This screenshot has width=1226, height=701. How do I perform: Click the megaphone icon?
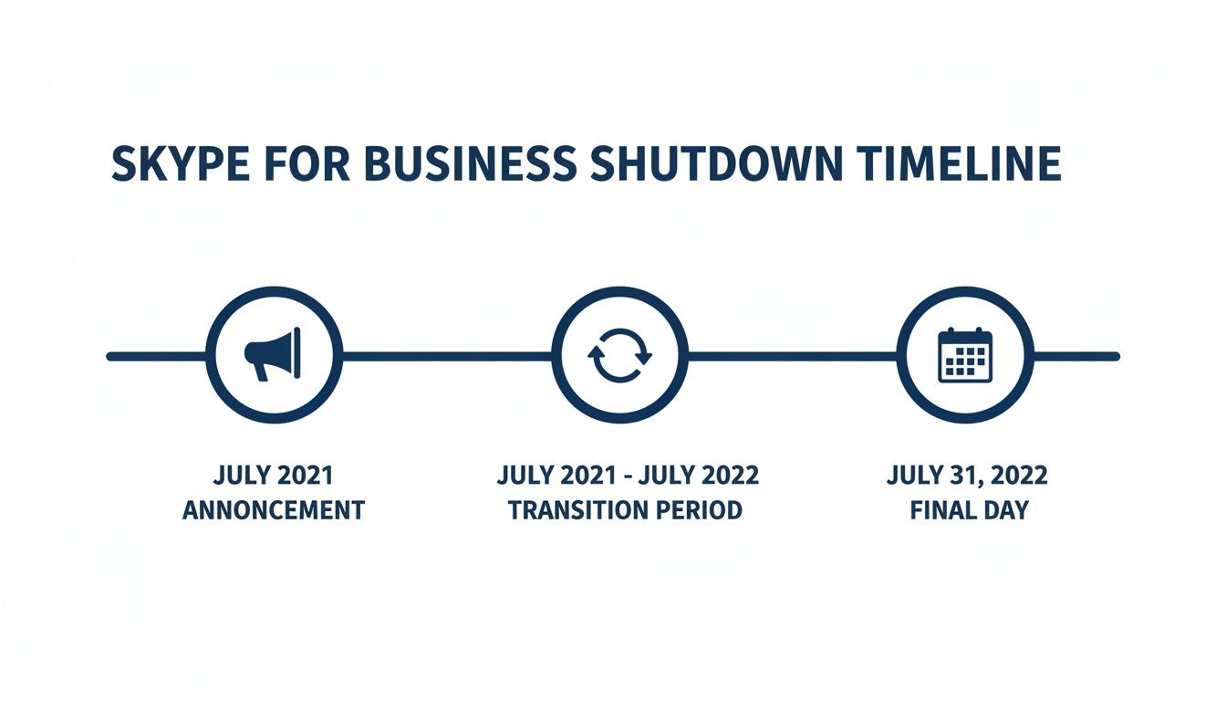273,356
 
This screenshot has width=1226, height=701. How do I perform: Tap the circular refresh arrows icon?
620,356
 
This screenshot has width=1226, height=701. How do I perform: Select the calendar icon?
964,356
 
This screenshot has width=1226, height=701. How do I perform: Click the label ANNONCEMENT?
274,509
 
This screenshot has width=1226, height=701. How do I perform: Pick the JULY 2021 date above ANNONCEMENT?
274,476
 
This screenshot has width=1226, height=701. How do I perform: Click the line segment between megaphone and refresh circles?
447,356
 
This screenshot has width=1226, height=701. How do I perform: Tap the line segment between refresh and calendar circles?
792,356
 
